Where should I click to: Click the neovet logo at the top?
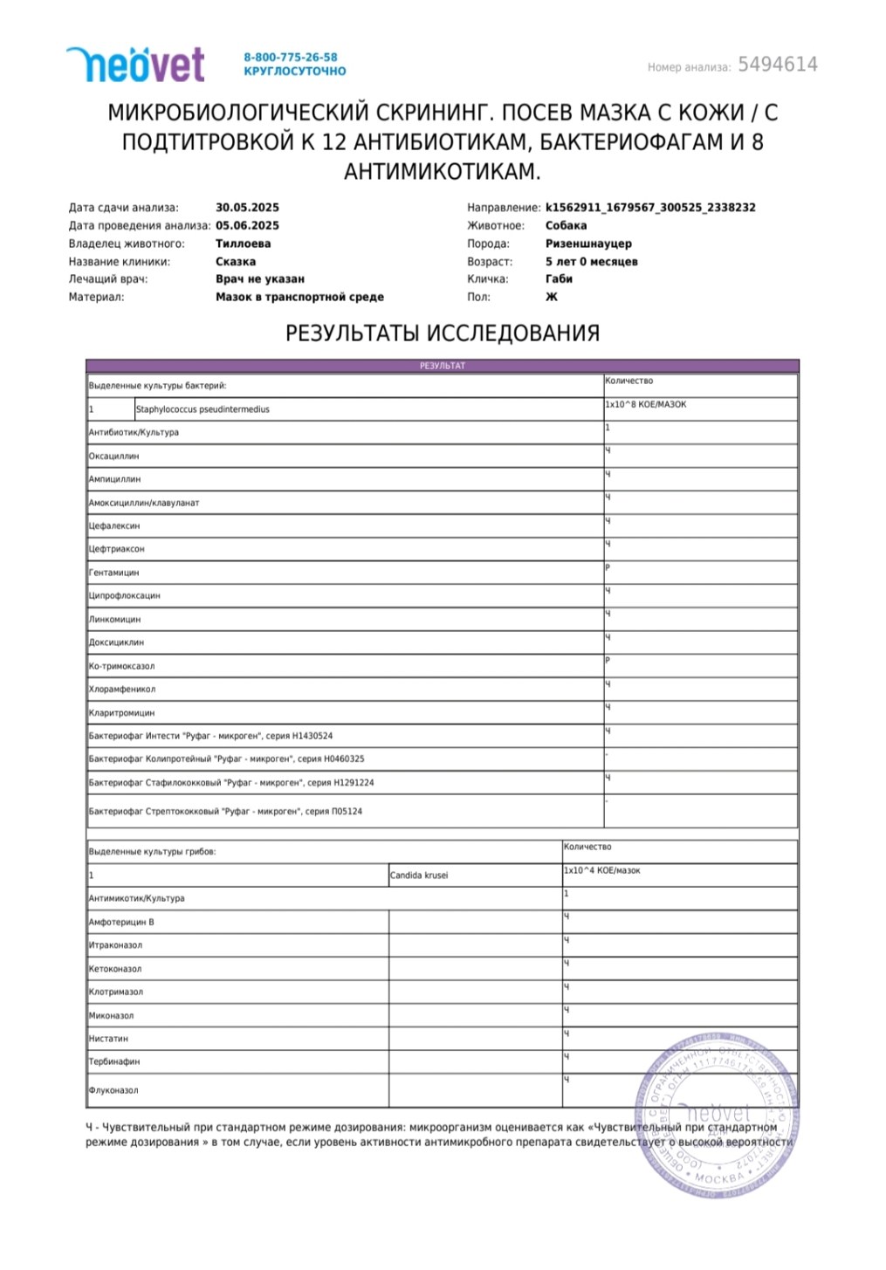click(x=135, y=65)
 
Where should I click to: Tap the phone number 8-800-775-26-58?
click(x=290, y=57)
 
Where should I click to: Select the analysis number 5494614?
click(x=777, y=65)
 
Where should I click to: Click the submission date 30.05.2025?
click(x=247, y=208)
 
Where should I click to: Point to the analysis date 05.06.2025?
click(x=247, y=225)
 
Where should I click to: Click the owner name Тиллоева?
click(x=243, y=244)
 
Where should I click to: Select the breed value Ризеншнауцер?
click(x=588, y=244)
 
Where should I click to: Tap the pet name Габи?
click(x=559, y=279)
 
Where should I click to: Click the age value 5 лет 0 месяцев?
click(x=591, y=262)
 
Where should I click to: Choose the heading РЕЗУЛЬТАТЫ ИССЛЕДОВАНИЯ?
click(x=443, y=333)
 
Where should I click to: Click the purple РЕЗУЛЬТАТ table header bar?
click(x=443, y=366)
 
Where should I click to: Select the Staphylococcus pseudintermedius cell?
click(x=203, y=409)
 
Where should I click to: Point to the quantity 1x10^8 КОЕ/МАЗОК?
click(x=646, y=405)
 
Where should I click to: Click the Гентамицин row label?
click(x=114, y=573)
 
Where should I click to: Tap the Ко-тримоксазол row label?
click(x=121, y=666)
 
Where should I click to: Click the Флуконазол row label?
click(x=113, y=1090)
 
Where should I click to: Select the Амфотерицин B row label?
click(x=121, y=922)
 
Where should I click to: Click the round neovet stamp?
click(x=718, y=1116)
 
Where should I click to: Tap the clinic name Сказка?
click(x=236, y=262)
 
